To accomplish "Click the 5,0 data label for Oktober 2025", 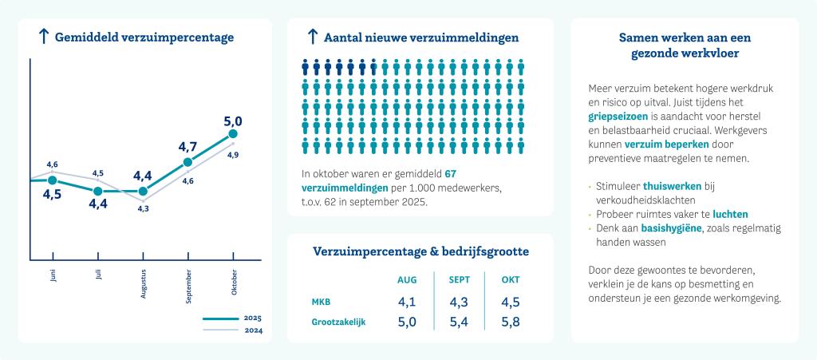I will click(x=233, y=121).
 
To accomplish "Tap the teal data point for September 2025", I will click(x=187, y=162).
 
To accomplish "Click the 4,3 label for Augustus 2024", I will click(x=144, y=208).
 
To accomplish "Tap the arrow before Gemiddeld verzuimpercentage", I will click(x=44, y=36).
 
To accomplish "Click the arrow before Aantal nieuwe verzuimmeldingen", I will click(x=313, y=36).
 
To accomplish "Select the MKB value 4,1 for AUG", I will click(x=407, y=303).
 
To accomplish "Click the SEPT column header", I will click(x=459, y=280).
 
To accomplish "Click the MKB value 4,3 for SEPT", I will click(x=459, y=303).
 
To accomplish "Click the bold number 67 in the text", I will click(x=450, y=173).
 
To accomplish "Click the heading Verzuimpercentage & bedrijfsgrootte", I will click(x=420, y=251).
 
